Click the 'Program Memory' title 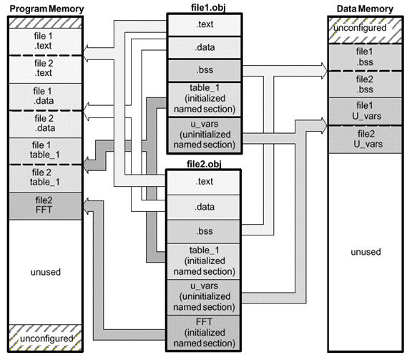click(x=46, y=9)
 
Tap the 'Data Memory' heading click(x=365, y=9)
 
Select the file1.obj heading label click(x=208, y=7)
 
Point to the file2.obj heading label click(x=204, y=164)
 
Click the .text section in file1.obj click(x=205, y=25)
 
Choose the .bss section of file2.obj click(x=204, y=231)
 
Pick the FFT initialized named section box click(x=204, y=333)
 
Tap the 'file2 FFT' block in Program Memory click(x=46, y=205)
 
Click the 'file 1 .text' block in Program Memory click(x=46, y=42)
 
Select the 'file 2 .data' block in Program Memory click(x=46, y=124)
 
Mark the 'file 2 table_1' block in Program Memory click(x=46, y=177)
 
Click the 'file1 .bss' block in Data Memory click(x=366, y=57)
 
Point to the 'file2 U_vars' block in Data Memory click(x=366, y=140)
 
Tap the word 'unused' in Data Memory click(x=366, y=252)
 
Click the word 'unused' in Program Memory click(x=46, y=272)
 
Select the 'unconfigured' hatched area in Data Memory click(x=366, y=30)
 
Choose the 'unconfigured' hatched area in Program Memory click(x=46, y=338)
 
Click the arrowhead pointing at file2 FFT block click(x=88, y=205)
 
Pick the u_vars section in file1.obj click(x=205, y=135)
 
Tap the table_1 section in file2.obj click(x=204, y=261)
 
